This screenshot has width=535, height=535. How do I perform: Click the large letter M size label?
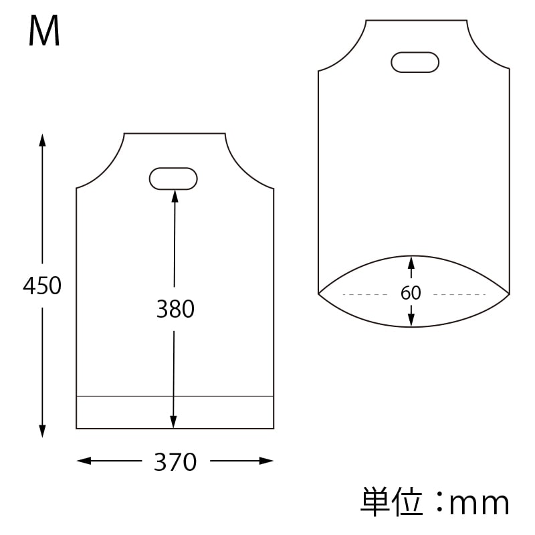[x=45, y=32]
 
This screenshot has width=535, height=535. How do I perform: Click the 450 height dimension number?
[x=42, y=286]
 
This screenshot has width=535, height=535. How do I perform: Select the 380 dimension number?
[x=175, y=309]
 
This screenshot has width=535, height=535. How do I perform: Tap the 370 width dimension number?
[x=175, y=461]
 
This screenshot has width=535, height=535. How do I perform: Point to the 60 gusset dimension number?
[x=411, y=294]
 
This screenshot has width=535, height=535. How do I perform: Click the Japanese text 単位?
[x=392, y=502]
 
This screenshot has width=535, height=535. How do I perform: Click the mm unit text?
[x=479, y=503]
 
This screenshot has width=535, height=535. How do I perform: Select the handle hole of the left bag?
[x=173, y=179]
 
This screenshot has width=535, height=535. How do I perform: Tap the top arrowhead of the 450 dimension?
[x=42, y=139]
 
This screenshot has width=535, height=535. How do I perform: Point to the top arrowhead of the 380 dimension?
[x=175, y=195]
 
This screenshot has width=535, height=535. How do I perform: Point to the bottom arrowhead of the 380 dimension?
[x=174, y=422]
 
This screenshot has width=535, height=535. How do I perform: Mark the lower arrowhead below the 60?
[x=411, y=322]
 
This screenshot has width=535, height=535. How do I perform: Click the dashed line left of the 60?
[x=364, y=294]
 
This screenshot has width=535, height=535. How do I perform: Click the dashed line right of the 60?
[x=459, y=294]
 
